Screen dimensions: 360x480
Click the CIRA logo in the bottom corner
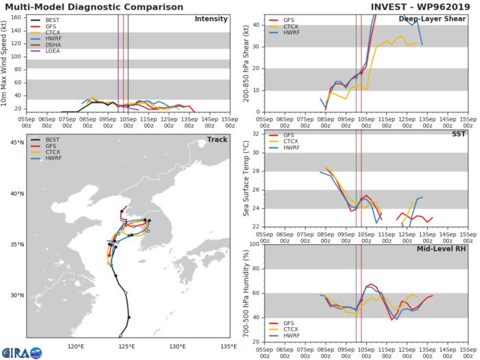(21, 352)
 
